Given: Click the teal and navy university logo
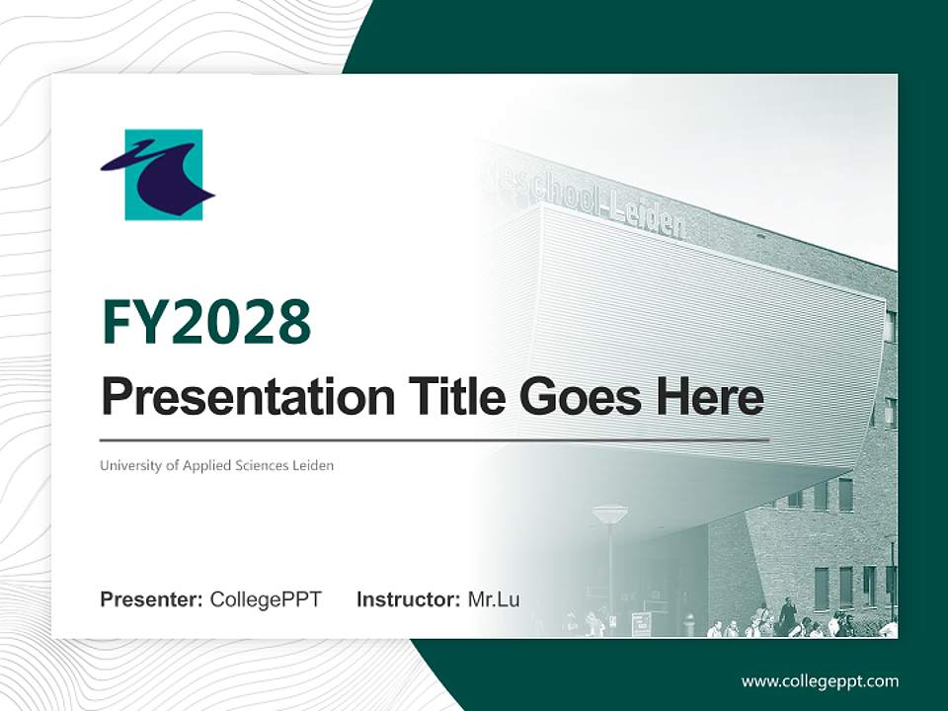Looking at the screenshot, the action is (158, 175).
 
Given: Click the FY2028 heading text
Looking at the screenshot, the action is (206, 322).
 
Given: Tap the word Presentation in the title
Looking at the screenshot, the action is (248, 397).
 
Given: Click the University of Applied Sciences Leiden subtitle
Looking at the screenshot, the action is (216, 466).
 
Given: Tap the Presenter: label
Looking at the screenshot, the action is (151, 599).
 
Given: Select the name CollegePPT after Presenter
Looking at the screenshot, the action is (266, 599).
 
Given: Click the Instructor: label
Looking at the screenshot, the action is (408, 599).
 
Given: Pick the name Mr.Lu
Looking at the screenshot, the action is (494, 599).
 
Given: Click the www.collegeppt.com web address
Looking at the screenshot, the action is (820, 682).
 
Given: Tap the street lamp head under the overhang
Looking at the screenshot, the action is (610, 514).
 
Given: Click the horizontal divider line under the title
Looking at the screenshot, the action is (434, 440).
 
